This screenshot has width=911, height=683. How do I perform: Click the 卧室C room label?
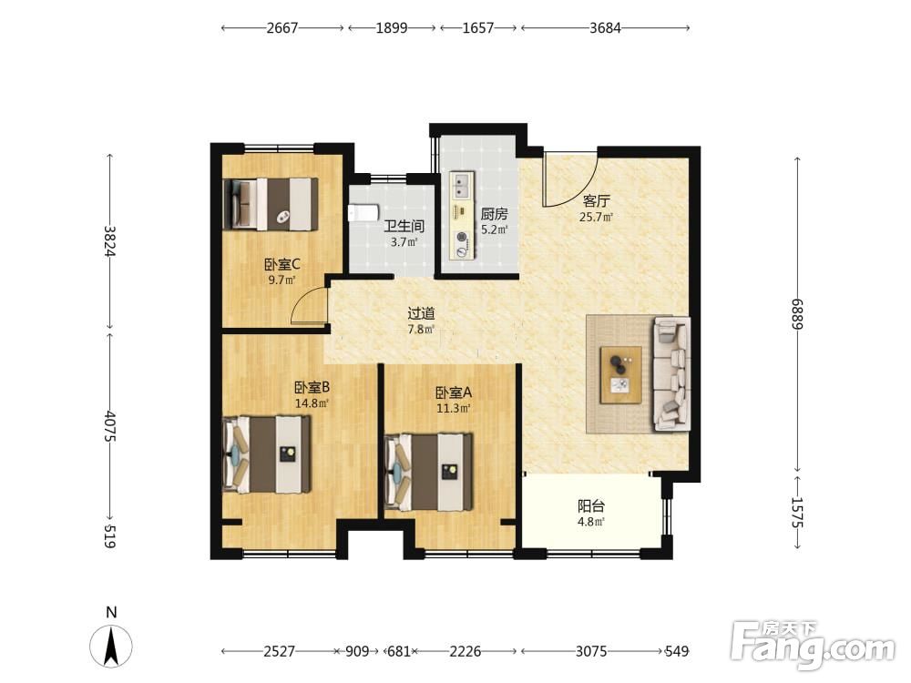point(281,265)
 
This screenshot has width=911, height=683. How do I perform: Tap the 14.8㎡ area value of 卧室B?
point(312,403)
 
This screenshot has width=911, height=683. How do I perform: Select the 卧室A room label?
point(454,393)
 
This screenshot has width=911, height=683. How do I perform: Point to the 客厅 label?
point(596,201)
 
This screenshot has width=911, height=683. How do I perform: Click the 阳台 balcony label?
point(591,505)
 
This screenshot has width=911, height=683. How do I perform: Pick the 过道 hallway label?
point(421,313)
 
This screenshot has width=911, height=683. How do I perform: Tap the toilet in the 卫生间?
point(363,212)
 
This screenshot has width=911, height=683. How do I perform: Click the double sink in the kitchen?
point(463,185)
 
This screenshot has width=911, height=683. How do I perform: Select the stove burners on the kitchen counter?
point(462,244)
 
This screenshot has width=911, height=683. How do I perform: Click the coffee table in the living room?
point(621,374)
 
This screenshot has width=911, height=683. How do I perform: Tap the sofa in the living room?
point(672,374)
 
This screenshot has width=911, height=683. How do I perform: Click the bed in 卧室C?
point(271,204)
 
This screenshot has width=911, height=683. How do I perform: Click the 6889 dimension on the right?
point(796,314)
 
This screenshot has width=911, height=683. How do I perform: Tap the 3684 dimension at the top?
point(605,28)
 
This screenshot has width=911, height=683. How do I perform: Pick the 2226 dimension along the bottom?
point(466,652)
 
